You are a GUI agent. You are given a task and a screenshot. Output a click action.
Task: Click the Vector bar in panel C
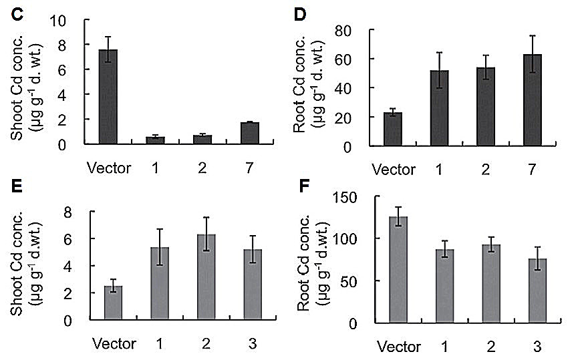[108, 97]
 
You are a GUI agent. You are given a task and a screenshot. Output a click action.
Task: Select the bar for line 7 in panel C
[250, 133]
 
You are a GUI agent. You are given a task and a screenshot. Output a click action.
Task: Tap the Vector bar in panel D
[393, 129]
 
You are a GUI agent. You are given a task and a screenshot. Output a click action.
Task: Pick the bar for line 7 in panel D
[533, 100]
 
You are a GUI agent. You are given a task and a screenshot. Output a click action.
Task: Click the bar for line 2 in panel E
[206, 277]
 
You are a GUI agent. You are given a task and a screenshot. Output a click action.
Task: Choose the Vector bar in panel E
[114, 303]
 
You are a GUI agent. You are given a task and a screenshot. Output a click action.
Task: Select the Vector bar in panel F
[398, 270]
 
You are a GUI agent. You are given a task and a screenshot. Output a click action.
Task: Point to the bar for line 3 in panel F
[537, 291]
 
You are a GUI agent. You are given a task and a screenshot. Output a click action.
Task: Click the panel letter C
[17, 15]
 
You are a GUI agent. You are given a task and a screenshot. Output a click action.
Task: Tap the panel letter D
[300, 15]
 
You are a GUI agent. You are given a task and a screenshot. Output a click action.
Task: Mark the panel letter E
[17, 186]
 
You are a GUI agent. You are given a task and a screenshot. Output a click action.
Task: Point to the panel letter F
[304, 186]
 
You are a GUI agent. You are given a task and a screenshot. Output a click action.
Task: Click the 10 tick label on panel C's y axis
[59, 21]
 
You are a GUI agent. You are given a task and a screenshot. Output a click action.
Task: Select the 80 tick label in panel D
[343, 31]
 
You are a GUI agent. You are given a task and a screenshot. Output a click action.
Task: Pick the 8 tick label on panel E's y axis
[68, 213]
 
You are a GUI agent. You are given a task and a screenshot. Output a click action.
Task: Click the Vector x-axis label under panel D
[394, 170]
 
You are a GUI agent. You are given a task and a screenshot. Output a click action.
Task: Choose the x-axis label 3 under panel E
[253, 344]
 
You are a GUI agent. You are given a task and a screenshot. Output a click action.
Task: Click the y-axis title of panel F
[313, 262]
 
